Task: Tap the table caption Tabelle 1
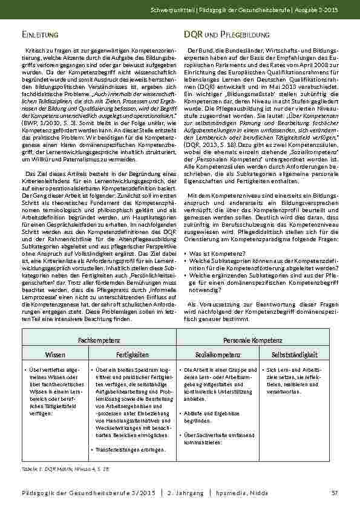57,468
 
